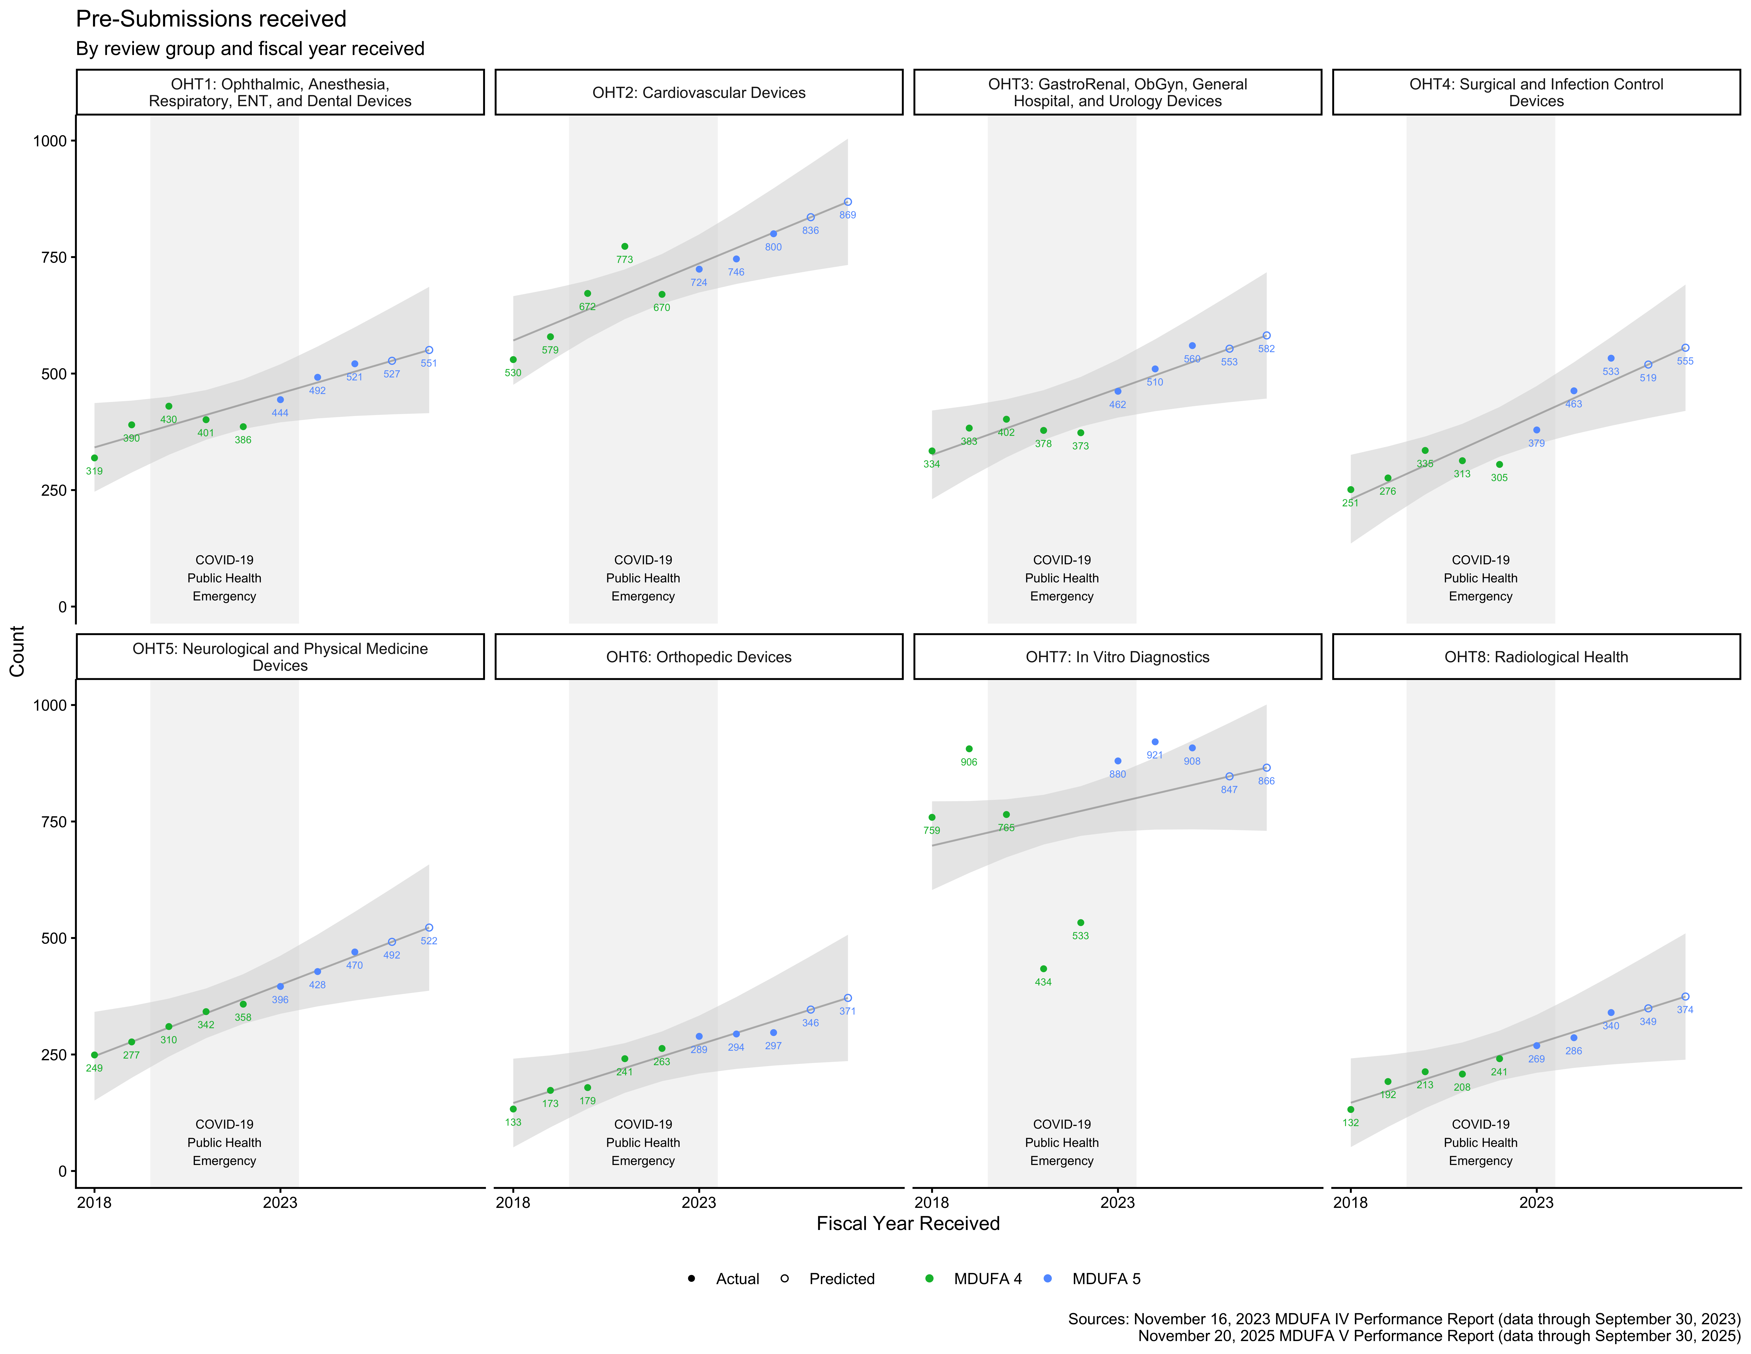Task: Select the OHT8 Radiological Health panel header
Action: click(1535, 657)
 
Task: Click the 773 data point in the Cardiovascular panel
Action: click(625, 246)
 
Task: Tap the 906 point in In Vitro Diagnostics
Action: click(968, 748)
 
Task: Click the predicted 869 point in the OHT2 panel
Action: click(847, 202)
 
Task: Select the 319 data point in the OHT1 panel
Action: click(95, 458)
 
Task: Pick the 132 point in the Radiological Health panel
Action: click(1351, 1109)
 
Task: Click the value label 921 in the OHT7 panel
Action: click(1155, 755)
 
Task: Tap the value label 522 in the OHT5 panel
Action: click(429, 941)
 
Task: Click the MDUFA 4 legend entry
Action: click(976, 1279)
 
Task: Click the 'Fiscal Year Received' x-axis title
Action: click(908, 1223)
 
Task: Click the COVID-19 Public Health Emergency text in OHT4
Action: click(1480, 578)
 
